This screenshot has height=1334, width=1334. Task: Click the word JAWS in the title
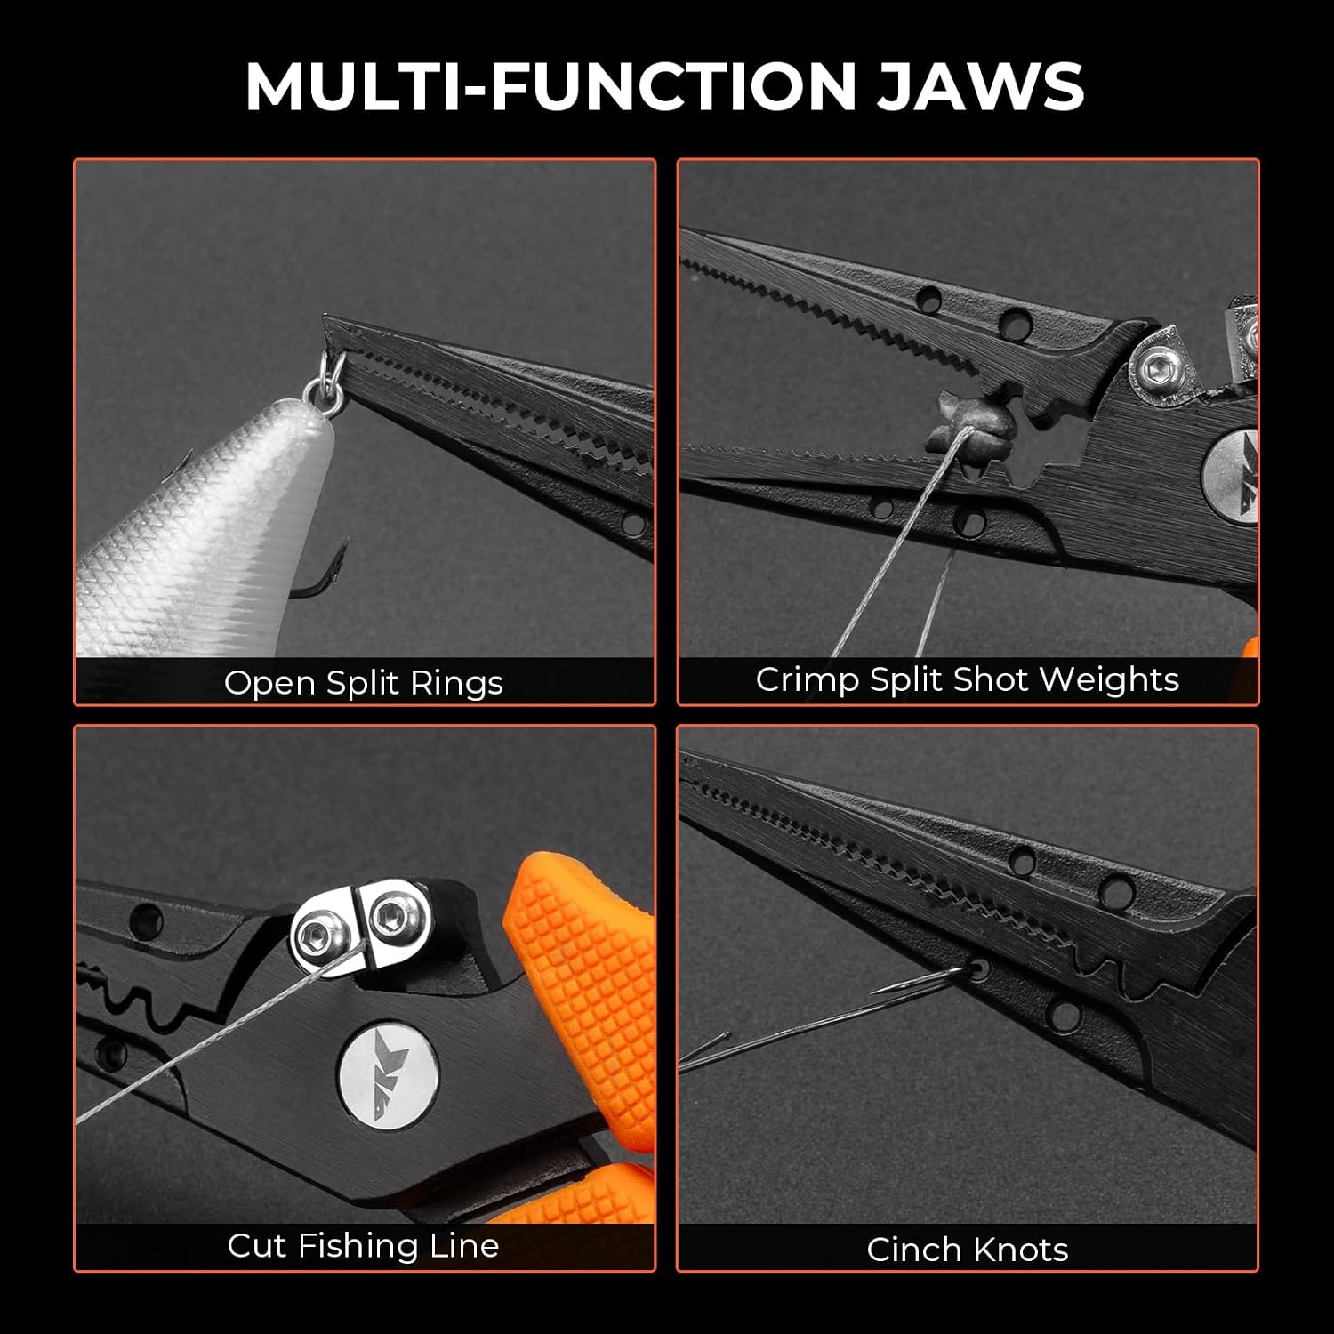tap(981, 86)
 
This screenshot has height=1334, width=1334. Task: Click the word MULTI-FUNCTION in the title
tap(550, 86)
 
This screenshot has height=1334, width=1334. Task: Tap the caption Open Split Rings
tap(364, 683)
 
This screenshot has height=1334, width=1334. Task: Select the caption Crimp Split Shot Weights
tap(968, 679)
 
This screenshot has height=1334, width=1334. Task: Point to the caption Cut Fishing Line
tap(363, 1245)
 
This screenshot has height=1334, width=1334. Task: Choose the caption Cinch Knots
tap(968, 1250)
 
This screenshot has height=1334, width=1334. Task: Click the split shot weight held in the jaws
tap(960, 422)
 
